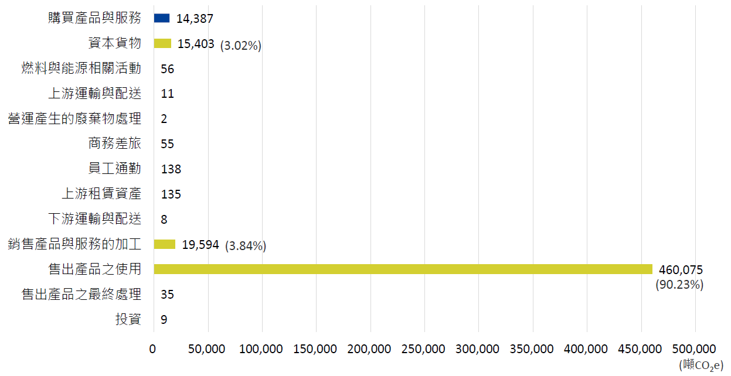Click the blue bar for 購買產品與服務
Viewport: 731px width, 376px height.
tap(161, 18)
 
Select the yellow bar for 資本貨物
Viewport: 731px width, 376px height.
tap(162, 43)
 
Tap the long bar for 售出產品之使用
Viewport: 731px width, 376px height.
tap(403, 269)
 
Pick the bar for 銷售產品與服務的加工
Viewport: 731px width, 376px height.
tap(164, 244)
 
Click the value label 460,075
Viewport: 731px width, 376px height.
tap(681, 269)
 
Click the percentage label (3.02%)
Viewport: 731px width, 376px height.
tap(240, 45)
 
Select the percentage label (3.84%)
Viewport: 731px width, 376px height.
tap(246, 246)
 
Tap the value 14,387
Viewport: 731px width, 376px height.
tap(195, 19)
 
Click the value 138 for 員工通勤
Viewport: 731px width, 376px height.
tap(171, 169)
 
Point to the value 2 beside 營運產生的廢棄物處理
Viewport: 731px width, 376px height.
tap(164, 119)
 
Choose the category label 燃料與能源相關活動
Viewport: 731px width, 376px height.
tap(81, 69)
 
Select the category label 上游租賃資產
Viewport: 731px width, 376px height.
tap(101, 194)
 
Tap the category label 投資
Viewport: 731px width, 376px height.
tap(128, 319)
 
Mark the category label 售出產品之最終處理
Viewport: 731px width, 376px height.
tap(81, 294)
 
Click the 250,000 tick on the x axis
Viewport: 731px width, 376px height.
tap(424, 349)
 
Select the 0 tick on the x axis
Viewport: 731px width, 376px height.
tap(154, 349)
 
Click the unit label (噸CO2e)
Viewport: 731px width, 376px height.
tap(701, 365)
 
